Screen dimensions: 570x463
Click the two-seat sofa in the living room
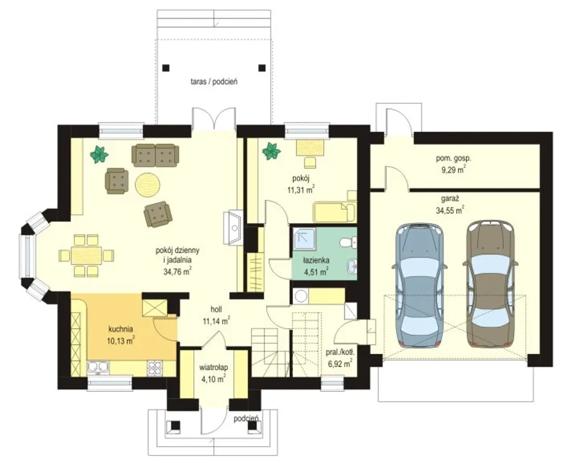click(155, 156)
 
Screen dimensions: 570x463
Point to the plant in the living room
click(99, 154)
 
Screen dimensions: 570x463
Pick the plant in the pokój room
click(272, 152)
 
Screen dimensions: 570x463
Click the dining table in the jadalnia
click(86, 255)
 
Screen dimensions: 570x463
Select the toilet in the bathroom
click(348, 242)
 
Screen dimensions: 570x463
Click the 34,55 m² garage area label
click(450, 210)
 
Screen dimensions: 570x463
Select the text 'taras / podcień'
click(214, 82)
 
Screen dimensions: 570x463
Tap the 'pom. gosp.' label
click(454, 158)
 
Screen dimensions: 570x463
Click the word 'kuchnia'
click(120, 329)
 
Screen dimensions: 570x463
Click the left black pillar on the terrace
click(166, 67)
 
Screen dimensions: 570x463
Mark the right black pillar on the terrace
click(262, 67)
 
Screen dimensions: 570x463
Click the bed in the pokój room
click(335, 213)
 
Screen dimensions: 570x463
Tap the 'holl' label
click(216, 310)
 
